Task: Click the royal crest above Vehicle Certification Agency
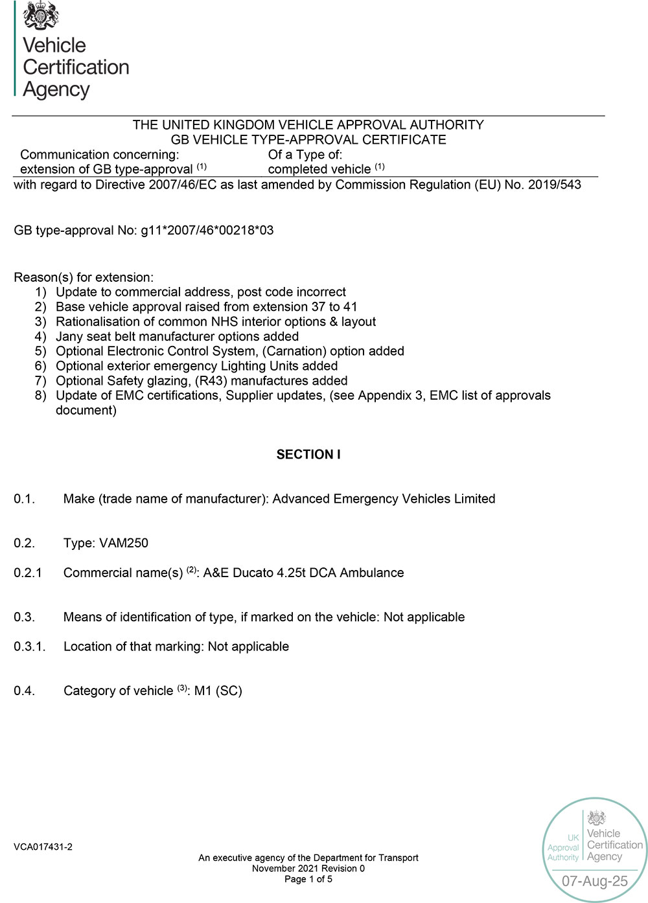coord(41,16)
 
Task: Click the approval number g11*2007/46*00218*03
coord(207,231)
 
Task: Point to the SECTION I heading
coord(308,455)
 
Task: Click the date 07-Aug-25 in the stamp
coord(595,881)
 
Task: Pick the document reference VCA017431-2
coord(43,847)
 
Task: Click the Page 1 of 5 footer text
coord(308,879)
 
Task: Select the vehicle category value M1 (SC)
coord(218,691)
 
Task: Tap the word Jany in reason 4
coord(70,337)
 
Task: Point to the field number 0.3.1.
coord(29,646)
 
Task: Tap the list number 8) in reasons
coord(41,396)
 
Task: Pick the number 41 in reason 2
coord(350,307)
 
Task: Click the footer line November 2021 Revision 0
coord(308,869)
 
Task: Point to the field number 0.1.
coord(24,499)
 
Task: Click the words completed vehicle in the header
coord(319,170)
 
